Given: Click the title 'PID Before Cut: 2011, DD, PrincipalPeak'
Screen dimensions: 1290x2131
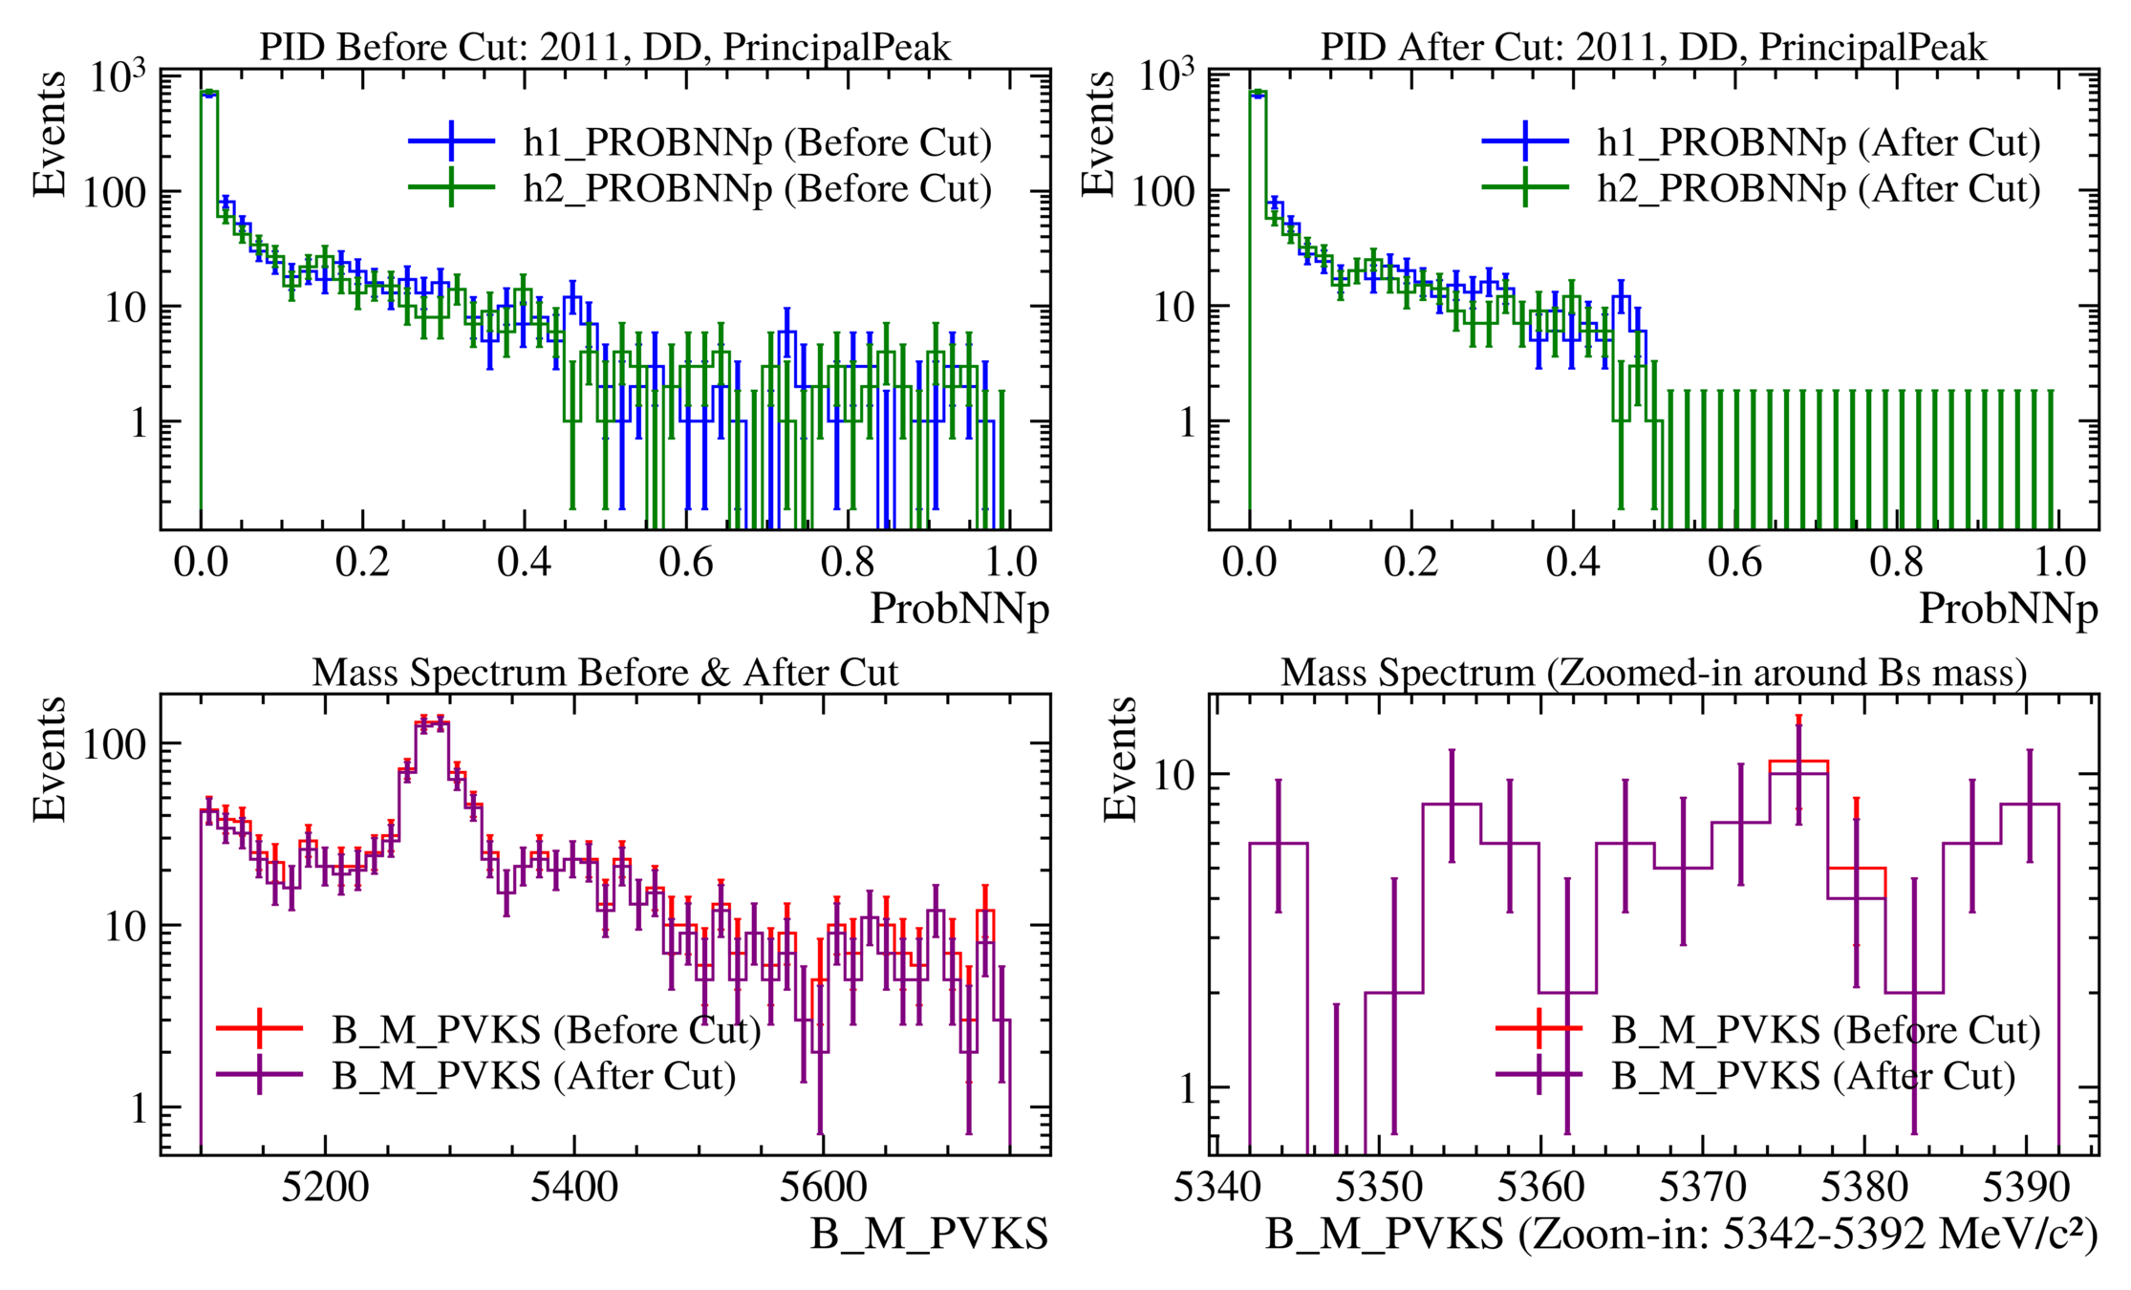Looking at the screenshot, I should pos(605,47).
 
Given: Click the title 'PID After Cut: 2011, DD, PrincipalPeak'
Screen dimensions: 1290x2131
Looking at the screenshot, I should pos(1653,47).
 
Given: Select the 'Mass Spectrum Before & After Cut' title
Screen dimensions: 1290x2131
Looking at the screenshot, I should pos(605,673).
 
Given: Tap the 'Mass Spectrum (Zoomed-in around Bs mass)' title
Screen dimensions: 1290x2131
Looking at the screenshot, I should pos(1653,673).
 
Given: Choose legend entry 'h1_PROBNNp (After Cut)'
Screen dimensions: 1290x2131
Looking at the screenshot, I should pos(1819,142).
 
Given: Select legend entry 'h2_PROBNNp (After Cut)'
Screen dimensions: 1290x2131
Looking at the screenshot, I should pos(1819,188).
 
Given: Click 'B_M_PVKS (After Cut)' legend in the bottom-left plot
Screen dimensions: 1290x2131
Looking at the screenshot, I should pos(533,1076).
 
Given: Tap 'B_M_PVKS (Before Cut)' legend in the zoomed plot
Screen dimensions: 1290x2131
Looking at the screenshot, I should pos(1825,1030).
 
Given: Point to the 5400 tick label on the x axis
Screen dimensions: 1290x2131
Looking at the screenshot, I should pos(574,1188).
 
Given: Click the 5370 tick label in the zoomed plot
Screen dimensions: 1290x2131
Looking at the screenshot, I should pos(1702,1188).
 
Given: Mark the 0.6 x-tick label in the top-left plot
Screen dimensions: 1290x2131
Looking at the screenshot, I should pos(686,562).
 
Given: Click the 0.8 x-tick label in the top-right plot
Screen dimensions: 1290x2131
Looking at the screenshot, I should pos(1896,562).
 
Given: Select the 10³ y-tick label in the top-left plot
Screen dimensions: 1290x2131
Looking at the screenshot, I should pos(118,76).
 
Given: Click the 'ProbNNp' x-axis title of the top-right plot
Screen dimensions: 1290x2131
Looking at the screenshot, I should pos(2008,609).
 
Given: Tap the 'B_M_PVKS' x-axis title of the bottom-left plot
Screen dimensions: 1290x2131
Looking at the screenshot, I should pos(929,1235).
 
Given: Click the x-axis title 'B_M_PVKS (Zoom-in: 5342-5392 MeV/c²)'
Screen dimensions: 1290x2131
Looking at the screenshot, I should pos(1681,1235).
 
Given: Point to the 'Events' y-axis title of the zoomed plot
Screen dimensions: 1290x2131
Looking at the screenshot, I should pos(1119,759).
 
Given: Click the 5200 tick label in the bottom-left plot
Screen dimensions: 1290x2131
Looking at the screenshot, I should pos(325,1188).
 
